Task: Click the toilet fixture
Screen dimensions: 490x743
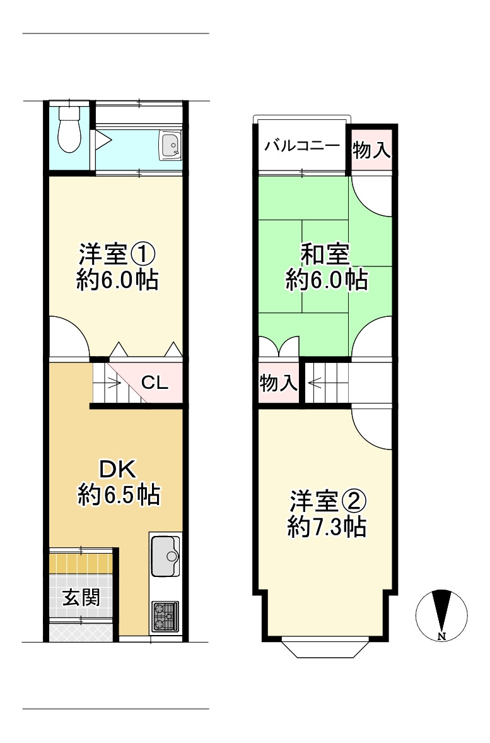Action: point(70,129)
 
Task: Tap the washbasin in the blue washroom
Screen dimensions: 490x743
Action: point(170,145)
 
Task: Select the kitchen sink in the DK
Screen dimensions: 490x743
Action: point(165,556)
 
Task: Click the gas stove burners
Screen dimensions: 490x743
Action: point(165,617)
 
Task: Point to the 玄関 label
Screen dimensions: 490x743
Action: point(81,598)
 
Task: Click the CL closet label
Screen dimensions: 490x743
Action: point(155,383)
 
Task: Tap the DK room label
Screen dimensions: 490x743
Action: point(118,468)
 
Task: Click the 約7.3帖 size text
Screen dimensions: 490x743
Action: point(327,526)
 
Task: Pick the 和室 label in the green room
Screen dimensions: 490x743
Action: point(325,254)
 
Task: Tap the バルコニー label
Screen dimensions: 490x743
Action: point(302,145)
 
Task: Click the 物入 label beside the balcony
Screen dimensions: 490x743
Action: point(371,150)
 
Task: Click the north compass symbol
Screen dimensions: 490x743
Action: point(441,615)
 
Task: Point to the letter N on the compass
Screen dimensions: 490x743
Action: point(441,636)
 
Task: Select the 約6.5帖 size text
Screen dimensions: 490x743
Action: point(119,495)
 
